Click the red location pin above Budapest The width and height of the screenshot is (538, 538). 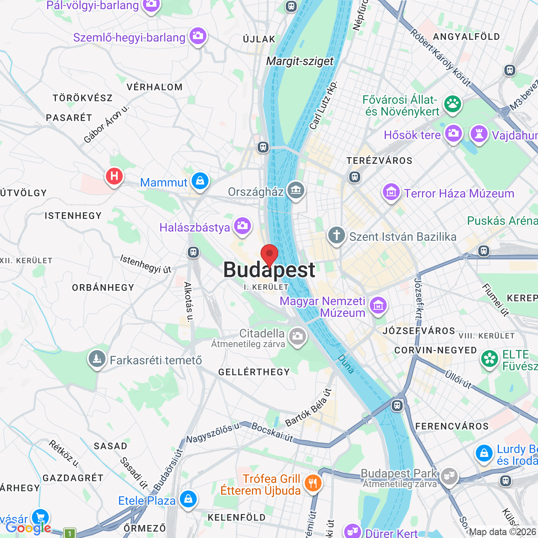(269, 255)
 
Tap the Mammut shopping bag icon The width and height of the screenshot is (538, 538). (200, 181)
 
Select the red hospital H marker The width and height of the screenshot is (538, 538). (114, 176)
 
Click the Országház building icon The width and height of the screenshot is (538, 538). (296, 190)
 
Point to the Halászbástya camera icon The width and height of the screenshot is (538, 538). (243, 226)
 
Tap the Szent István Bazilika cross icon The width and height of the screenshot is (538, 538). (337, 235)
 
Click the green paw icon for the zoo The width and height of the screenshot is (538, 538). (453, 103)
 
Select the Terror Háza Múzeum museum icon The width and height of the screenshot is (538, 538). (391, 193)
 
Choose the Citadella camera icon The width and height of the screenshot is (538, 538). (298, 336)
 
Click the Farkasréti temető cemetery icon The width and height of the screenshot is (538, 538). (97, 359)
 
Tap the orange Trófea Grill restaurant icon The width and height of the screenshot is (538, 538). (313, 483)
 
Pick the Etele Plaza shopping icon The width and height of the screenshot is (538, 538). (188, 499)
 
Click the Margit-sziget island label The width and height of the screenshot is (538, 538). (300, 61)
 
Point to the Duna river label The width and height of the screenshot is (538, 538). (346, 364)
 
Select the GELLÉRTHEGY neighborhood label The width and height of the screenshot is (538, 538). (254, 372)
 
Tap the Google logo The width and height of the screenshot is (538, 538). (28, 528)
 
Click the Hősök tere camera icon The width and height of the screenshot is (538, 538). (453, 134)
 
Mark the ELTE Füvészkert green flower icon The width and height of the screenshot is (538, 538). (490, 359)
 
